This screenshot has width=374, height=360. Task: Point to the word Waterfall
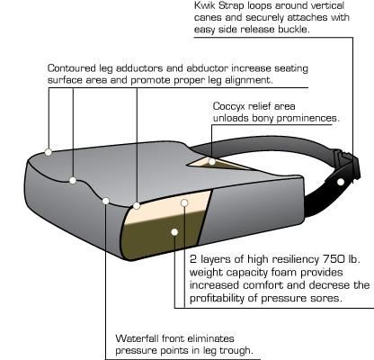(138, 338)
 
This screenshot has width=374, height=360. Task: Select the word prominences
(307, 118)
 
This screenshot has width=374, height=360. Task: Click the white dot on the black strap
(341, 182)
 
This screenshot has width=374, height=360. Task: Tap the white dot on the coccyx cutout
(212, 162)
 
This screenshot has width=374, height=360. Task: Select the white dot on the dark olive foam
(174, 232)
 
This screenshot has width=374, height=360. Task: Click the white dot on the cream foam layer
(184, 203)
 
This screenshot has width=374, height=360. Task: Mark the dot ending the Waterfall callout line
(105, 201)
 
